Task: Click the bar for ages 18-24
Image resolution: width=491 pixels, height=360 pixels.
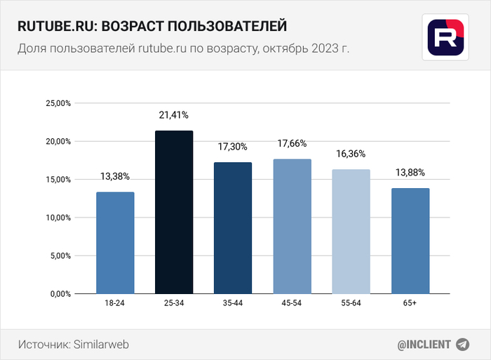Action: click(115, 243)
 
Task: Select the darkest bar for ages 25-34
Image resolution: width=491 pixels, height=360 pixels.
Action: click(174, 212)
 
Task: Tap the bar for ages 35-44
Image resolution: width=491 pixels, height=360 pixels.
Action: click(233, 228)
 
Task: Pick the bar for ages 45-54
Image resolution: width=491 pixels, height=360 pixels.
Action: click(292, 227)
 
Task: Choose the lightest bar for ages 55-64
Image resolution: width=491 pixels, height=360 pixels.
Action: click(351, 232)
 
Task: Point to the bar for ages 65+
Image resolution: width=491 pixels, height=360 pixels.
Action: click(410, 241)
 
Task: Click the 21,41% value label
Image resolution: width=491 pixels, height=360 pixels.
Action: click(174, 114)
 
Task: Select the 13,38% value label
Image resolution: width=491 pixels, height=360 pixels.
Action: click(115, 176)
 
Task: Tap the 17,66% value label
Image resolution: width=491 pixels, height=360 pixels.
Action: click(292, 143)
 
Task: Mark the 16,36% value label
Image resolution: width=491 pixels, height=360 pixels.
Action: click(351, 154)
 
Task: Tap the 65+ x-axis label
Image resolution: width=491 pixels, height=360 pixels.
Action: click(410, 302)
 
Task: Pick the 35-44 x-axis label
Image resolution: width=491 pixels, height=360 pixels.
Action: click(233, 302)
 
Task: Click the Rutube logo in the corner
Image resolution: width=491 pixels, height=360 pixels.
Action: click(446, 35)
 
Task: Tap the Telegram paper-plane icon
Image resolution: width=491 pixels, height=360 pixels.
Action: click(462, 345)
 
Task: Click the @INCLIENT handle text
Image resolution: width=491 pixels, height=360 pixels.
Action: click(423, 345)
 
